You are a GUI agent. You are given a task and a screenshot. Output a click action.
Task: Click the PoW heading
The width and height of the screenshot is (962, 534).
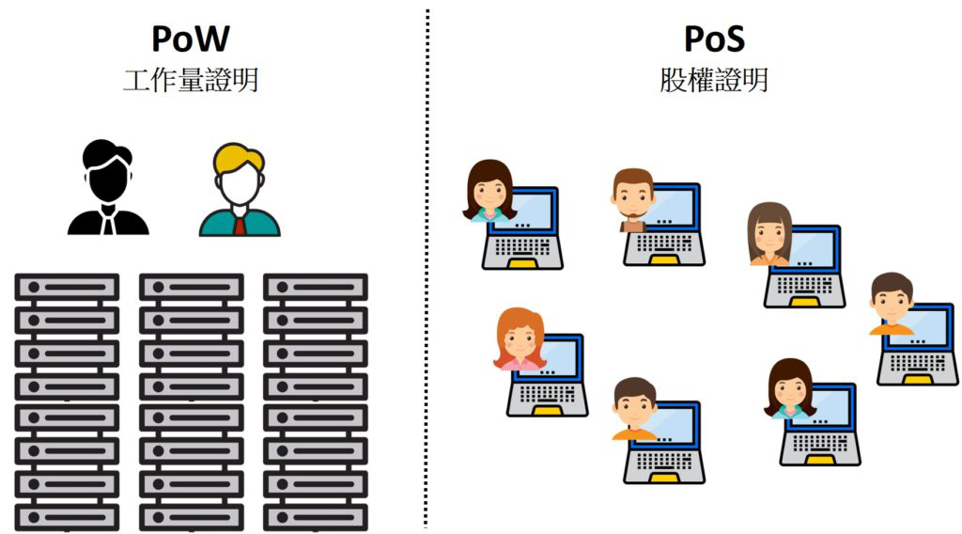click(191, 39)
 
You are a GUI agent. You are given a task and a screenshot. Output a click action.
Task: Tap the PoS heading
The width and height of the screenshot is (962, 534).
click(714, 39)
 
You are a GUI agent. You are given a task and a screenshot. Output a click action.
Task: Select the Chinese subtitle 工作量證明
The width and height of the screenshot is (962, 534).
click(191, 80)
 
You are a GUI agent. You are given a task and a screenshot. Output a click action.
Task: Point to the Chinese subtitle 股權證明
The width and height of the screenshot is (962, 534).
click(714, 80)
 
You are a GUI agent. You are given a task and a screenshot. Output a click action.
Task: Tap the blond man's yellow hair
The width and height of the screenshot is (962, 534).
click(238, 158)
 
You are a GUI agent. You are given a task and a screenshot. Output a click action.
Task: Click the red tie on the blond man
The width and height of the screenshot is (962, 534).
click(240, 224)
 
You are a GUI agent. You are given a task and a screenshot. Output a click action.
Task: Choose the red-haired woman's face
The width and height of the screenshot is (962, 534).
click(520, 341)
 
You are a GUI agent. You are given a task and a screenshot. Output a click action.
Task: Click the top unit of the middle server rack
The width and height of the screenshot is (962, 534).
click(191, 287)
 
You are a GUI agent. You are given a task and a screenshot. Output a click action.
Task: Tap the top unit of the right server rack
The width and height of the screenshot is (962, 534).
click(315, 287)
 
